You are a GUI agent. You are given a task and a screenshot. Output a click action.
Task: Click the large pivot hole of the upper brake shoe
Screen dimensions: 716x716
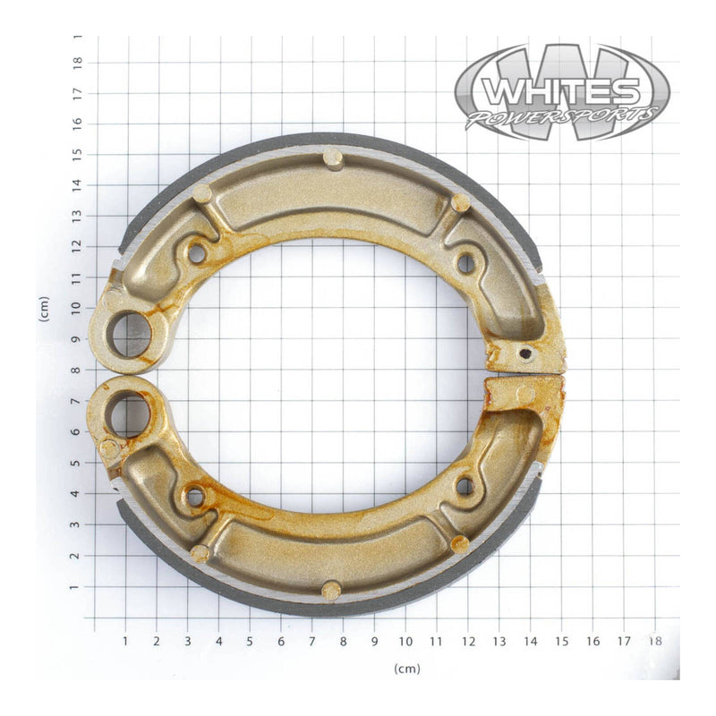point(131,334)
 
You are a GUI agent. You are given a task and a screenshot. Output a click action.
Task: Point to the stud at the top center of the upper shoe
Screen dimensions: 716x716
point(332,159)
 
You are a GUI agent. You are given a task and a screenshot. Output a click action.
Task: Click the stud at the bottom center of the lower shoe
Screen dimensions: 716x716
point(331,590)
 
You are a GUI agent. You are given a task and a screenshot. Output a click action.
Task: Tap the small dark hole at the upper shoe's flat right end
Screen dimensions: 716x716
point(527,354)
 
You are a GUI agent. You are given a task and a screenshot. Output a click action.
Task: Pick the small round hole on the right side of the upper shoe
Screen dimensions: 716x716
point(465,263)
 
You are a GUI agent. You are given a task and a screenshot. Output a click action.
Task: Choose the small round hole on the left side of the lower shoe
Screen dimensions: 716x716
point(194,496)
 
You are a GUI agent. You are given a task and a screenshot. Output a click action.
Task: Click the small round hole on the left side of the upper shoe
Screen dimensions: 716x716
point(197,253)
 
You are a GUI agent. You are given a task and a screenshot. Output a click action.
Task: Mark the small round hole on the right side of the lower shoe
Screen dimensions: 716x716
point(465,486)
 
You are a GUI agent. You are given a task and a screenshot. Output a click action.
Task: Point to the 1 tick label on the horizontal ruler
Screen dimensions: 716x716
point(125,641)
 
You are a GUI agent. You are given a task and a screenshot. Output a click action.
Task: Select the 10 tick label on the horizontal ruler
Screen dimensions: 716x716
point(405,641)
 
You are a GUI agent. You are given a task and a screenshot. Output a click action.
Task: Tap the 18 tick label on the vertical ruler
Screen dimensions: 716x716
point(79,61)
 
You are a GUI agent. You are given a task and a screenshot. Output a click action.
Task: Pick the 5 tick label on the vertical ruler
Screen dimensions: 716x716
point(79,463)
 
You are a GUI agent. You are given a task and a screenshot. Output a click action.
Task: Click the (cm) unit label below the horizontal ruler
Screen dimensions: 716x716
point(406,669)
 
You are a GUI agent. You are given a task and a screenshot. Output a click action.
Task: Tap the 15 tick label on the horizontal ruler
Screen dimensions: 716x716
point(561,641)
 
